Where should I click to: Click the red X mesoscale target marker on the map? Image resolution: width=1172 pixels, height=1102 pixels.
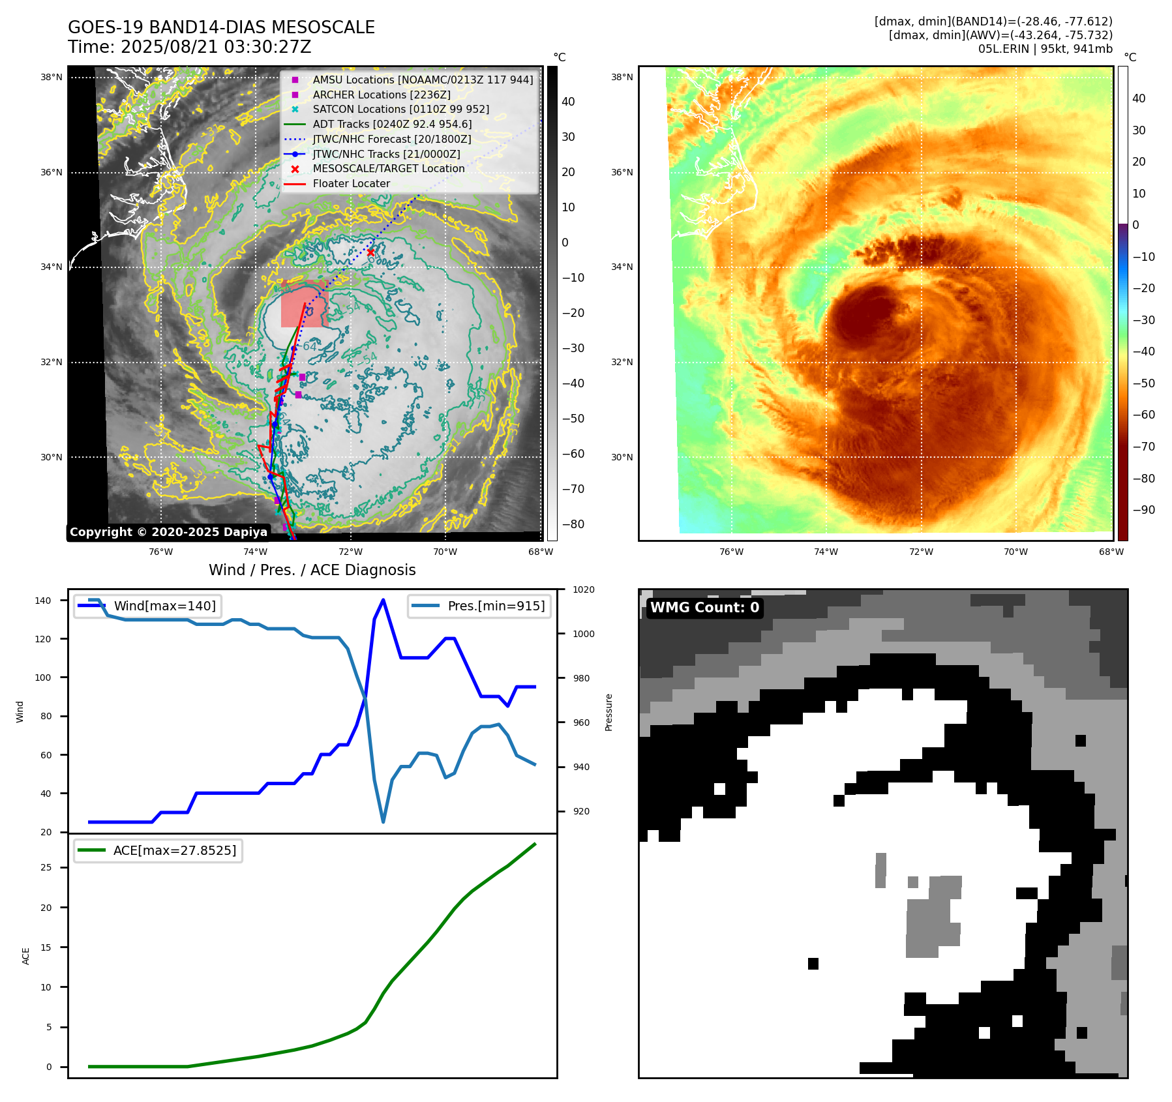[x=370, y=252]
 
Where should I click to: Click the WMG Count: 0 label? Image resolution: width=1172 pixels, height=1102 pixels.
[x=704, y=608]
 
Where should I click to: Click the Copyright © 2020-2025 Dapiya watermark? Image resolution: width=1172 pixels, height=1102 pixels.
[x=168, y=532]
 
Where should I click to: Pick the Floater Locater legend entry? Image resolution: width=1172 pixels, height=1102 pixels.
[x=351, y=183]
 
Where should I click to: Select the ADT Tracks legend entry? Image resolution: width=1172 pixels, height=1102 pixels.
[x=392, y=124]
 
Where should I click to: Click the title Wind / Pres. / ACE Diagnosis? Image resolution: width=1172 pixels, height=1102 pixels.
[x=312, y=570]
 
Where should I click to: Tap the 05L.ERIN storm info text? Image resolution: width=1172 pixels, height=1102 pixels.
[x=1045, y=49]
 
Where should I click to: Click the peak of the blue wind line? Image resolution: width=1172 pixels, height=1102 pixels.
[x=383, y=600]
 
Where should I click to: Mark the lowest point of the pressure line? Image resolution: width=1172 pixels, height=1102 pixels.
[x=383, y=822]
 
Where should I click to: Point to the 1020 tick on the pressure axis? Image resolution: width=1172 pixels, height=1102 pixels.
[x=583, y=589]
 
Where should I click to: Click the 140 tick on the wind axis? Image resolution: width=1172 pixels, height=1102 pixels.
[x=42, y=601]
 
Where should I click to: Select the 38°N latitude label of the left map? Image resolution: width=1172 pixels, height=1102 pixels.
[x=52, y=77]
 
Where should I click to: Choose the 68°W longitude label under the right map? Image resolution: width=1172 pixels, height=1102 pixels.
[x=1111, y=552]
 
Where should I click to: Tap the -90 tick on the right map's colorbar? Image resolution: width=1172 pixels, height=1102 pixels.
[x=1143, y=510]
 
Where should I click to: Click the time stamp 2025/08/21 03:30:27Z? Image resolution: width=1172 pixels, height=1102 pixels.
[x=216, y=47]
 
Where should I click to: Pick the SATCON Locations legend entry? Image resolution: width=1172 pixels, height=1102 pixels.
[x=400, y=109]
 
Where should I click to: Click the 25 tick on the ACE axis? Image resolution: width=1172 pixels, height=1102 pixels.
[x=46, y=867]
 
